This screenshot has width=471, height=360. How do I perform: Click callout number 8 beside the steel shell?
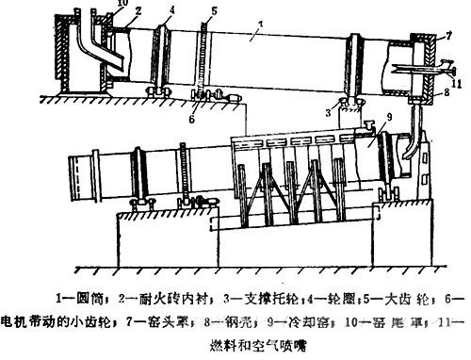click(447, 92)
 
